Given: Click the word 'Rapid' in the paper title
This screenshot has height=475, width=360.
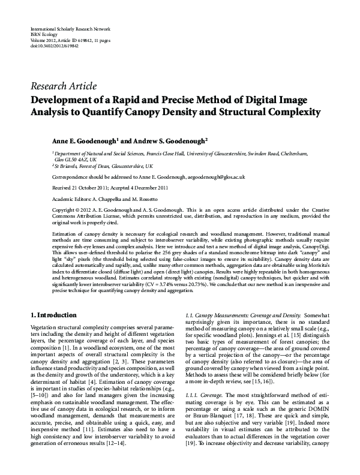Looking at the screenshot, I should [138, 100].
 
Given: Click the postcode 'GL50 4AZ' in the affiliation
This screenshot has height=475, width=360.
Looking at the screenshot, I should [76, 160].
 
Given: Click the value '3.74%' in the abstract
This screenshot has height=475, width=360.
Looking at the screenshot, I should [155, 285].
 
